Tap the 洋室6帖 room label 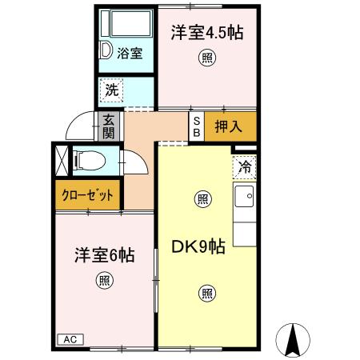104,255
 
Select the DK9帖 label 198,247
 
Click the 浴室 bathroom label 129,54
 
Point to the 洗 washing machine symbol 112,90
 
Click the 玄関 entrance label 108,126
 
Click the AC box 70,338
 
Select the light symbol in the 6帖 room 104,280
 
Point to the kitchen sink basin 243,195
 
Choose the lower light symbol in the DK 206,293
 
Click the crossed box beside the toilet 60,160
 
